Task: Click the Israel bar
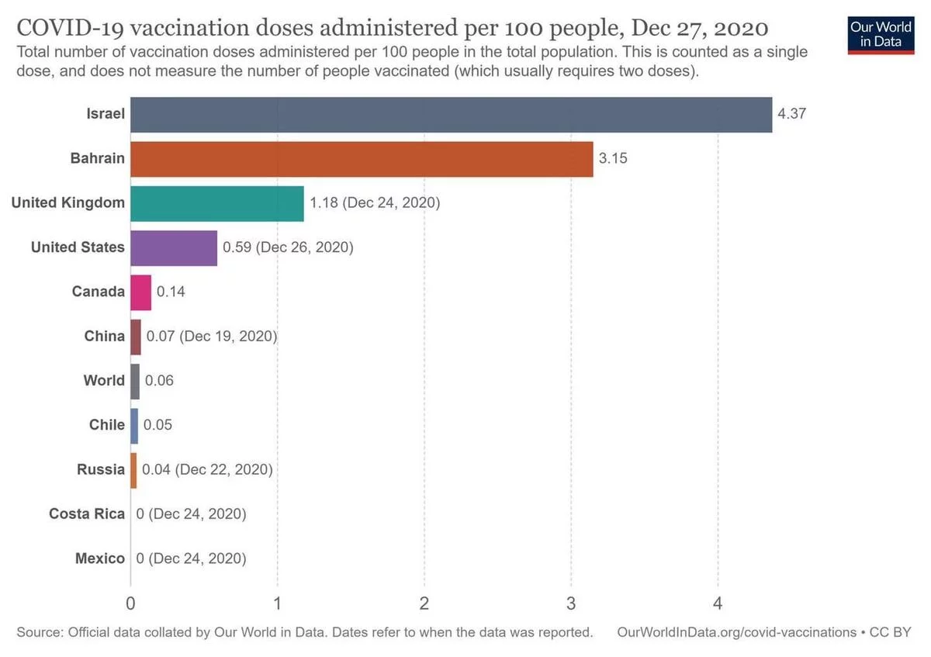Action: point(451,115)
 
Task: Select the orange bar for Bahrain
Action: point(362,159)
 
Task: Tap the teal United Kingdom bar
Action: point(217,203)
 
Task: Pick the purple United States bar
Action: point(174,247)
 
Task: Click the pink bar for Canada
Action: point(140,292)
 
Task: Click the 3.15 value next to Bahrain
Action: point(613,159)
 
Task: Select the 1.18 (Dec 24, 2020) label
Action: point(375,203)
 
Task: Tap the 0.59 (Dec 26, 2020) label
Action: point(288,247)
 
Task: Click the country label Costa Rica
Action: point(87,513)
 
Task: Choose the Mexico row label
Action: point(100,558)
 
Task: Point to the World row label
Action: point(104,380)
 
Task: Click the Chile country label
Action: point(107,425)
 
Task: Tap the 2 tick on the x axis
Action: point(424,602)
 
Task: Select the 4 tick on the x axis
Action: point(718,602)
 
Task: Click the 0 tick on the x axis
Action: point(130,602)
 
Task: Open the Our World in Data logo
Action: point(881,33)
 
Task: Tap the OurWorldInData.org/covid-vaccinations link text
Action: point(736,632)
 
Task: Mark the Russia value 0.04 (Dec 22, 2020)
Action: point(207,469)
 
